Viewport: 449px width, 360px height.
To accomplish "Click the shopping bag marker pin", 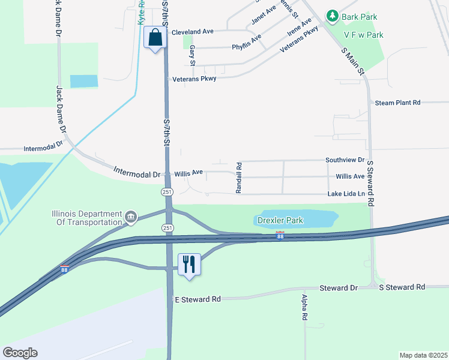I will pyautogui.click(x=155, y=38).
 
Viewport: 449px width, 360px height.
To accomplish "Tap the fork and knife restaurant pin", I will pyautogui.click(x=188, y=264).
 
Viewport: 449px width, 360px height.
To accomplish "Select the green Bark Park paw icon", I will pyautogui.click(x=331, y=16).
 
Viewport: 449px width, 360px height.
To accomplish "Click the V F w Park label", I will pyautogui.click(x=363, y=35).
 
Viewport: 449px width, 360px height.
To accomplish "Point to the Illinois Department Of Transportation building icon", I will pyautogui.click(x=130, y=216).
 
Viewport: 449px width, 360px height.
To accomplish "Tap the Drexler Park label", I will pyautogui.click(x=280, y=220).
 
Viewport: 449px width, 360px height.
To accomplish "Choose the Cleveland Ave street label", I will pyautogui.click(x=193, y=32).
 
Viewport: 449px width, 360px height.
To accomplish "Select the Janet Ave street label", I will pyautogui.click(x=263, y=14).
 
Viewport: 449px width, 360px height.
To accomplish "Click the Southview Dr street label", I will pyautogui.click(x=345, y=160).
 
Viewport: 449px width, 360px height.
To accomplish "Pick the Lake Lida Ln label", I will pyautogui.click(x=346, y=194).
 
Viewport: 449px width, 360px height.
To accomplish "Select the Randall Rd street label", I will pyautogui.click(x=239, y=177).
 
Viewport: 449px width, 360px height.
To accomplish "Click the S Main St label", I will pyautogui.click(x=353, y=61).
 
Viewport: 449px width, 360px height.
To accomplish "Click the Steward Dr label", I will pyautogui.click(x=339, y=288).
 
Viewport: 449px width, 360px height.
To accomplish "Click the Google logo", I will pyautogui.click(x=20, y=352).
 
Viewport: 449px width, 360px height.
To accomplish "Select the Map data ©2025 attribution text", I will pyautogui.click(x=423, y=355).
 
